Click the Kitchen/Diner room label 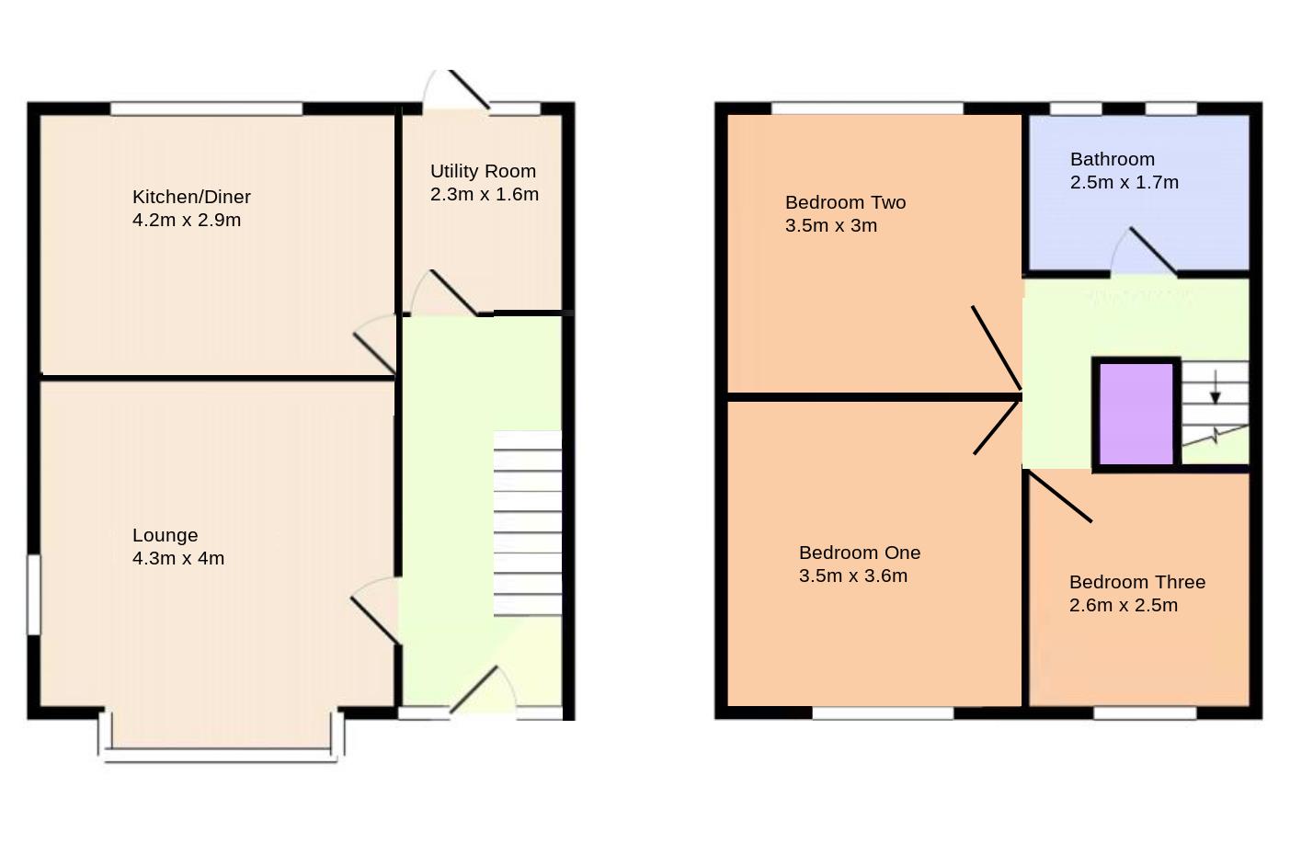191,197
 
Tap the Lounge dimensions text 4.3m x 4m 178,558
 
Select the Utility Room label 483,171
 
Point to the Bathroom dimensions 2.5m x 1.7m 1124,182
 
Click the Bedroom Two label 845,202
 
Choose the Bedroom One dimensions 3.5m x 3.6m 852,576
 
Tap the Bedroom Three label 1136,582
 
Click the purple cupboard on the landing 1136,414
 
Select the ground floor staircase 527,524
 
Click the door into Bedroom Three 1059,496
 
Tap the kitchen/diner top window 207,108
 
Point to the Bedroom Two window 867,108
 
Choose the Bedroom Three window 1145,712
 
